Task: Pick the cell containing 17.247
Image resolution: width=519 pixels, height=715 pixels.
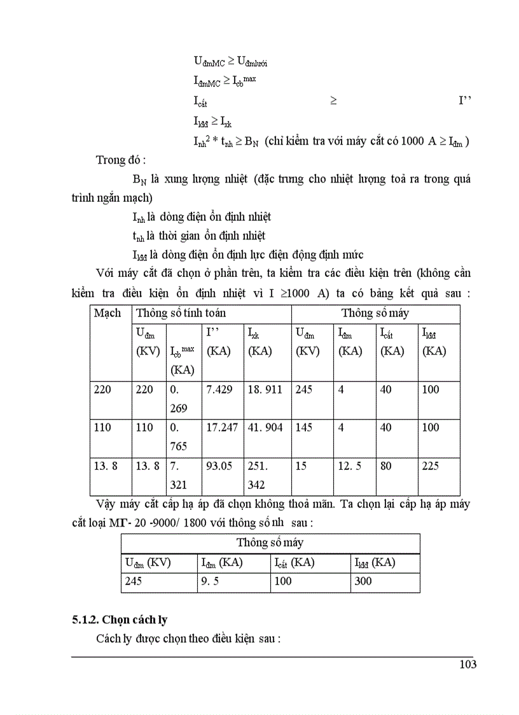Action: click(x=221, y=427)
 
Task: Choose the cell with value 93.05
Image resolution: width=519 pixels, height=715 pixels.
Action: click(x=219, y=465)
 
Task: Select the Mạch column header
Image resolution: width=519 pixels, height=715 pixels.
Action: click(x=107, y=313)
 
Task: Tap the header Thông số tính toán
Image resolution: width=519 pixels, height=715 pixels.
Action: click(x=181, y=313)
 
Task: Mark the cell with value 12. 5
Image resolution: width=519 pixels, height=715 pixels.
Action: click(x=350, y=465)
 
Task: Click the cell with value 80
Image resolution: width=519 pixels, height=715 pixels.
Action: click(x=386, y=465)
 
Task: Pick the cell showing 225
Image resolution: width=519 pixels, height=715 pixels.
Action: click(x=431, y=465)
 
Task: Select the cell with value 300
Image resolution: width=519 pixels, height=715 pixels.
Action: click(x=363, y=581)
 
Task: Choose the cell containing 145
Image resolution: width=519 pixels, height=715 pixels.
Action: click(x=305, y=427)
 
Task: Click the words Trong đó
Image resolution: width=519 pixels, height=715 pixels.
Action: click(x=121, y=160)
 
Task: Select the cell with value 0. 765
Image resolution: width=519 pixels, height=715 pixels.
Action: click(x=179, y=437)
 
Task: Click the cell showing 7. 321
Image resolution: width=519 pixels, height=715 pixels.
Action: click(x=179, y=475)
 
